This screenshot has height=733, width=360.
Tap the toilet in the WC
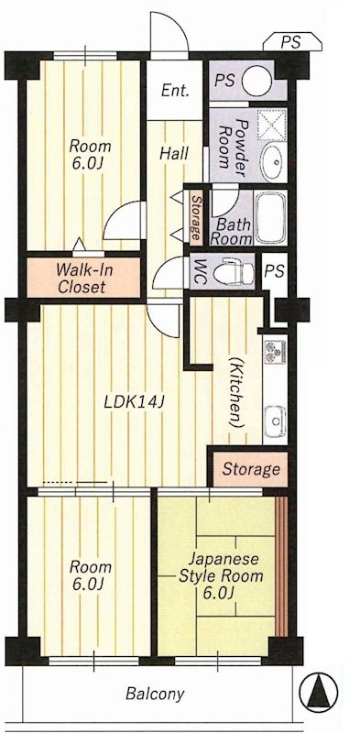pos(234,270)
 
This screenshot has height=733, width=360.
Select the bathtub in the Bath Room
pos(271,217)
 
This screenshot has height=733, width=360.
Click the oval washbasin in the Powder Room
pos(275,162)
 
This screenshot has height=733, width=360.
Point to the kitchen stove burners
pos(275,352)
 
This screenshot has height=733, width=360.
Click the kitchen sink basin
pos(275,421)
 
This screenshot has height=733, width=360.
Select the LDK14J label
pos(133,402)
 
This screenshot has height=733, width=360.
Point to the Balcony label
pos(155,694)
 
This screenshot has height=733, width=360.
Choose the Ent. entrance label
pos(175,90)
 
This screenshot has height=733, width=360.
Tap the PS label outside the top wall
pos(290,42)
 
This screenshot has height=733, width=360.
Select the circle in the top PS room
pos(256,80)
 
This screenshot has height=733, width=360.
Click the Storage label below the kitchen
pos(251,468)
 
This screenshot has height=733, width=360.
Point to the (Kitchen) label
pos(237,393)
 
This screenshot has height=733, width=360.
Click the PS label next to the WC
pos(275,271)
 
